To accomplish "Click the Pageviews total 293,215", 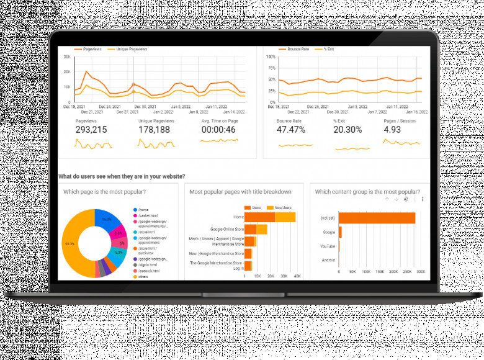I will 91,130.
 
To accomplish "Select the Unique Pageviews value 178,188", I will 154,130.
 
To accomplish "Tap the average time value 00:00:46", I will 219,130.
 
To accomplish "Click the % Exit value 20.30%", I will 347,130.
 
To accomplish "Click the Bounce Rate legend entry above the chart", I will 297,48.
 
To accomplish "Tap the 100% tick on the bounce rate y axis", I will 271,56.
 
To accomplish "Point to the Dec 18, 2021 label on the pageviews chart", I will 74,107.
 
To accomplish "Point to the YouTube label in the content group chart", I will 328,246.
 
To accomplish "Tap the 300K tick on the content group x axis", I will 420,272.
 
